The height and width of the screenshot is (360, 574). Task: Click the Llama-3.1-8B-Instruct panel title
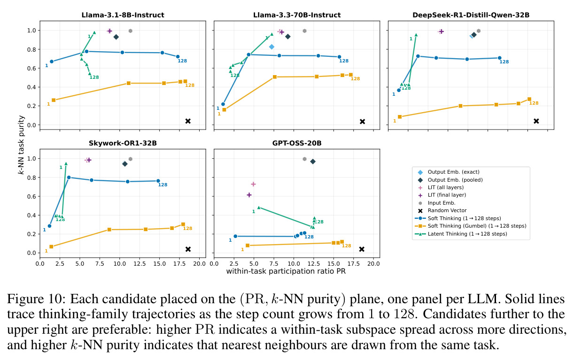pyautogui.click(x=123, y=15)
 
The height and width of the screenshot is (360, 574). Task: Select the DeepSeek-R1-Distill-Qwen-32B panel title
pyautogui.click(x=471, y=15)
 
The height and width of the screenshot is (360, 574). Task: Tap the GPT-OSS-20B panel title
pyautogui.click(x=297, y=143)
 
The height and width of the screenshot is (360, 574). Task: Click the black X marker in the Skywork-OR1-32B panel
pyautogui.click(x=188, y=249)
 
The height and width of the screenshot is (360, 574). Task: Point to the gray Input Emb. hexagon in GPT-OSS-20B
pyautogui.click(x=304, y=159)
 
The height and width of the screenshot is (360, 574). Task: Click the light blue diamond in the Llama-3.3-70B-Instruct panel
pyautogui.click(x=271, y=47)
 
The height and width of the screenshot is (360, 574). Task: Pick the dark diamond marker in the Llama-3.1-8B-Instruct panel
pyautogui.click(x=116, y=37)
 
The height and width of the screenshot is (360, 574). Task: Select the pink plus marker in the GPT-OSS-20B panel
pyautogui.click(x=253, y=184)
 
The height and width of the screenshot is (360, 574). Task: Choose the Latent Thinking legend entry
pyautogui.click(x=461, y=234)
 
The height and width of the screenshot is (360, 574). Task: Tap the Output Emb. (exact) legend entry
pyautogui.click(x=449, y=172)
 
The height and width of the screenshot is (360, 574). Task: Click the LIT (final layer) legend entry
pyautogui.click(x=442, y=195)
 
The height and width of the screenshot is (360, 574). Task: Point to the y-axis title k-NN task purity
pyautogui.click(x=21, y=145)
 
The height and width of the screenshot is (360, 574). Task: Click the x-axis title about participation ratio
pyautogui.click(x=286, y=271)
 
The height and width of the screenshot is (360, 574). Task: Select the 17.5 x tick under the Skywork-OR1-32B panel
pyautogui.click(x=179, y=264)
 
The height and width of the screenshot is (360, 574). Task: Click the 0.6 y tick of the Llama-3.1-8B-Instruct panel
pyautogui.click(x=31, y=69)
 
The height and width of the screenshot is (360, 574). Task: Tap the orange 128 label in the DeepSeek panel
pyautogui.click(x=534, y=103)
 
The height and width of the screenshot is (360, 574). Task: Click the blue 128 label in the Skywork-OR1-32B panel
pyautogui.click(x=163, y=185)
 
